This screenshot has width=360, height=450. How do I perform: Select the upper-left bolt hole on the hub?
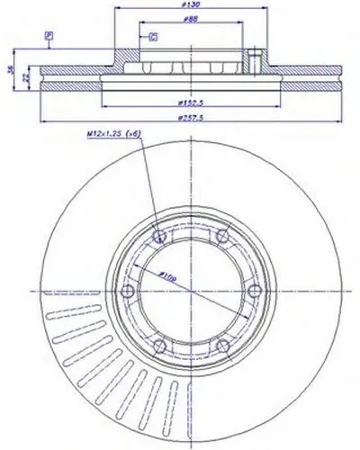159,236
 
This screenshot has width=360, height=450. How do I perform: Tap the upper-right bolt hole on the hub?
221,236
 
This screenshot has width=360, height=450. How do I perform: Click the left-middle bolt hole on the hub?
128,290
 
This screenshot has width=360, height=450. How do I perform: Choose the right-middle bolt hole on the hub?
253,290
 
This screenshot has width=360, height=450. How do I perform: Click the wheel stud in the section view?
255,63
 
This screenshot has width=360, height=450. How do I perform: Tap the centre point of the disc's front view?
191,290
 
